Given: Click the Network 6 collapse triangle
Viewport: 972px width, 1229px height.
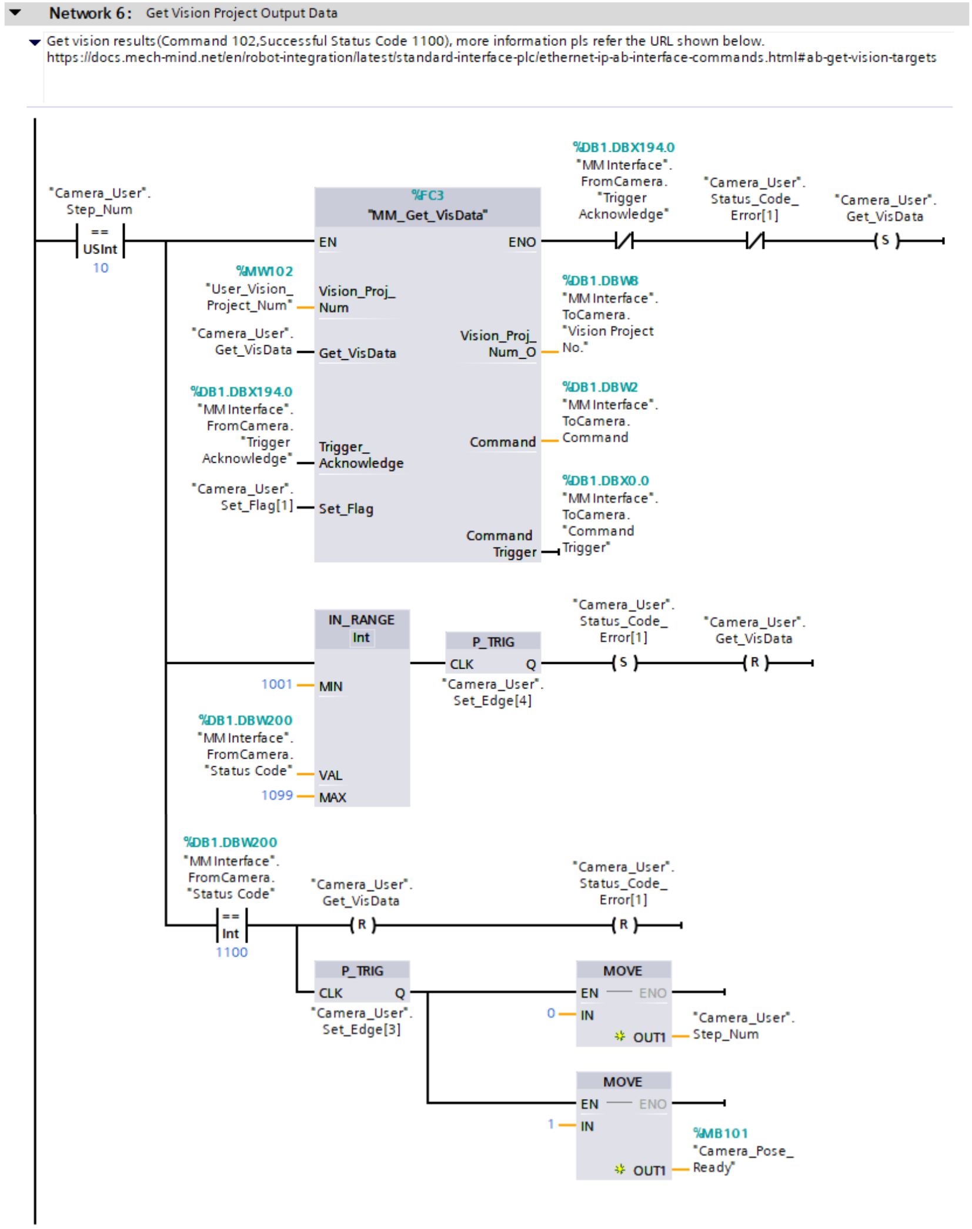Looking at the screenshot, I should pyautogui.click(x=15, y=12).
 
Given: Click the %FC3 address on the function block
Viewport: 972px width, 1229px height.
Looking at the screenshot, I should pyautogui.click(x=427, y=195).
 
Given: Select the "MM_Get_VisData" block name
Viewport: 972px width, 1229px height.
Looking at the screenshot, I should pyautogui.click(x=427, y=215).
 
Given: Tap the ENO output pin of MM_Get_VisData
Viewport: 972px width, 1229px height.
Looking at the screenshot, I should pyautogui.click(x=522, y=242).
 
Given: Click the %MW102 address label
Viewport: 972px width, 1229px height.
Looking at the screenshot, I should pyautogui.click(x=265, y=271).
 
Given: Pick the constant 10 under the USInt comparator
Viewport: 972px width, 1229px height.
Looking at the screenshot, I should pyautogui.click(x=101, y=268).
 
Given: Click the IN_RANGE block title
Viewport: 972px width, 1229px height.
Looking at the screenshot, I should pyautogui.click(x=361, y=620).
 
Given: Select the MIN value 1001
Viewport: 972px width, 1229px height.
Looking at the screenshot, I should pyautogui.click(x=276, y=684).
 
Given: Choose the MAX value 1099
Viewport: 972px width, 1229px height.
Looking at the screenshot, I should pyautogui.click(x=277, y=796).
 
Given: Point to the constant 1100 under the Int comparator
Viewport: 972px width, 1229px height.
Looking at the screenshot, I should pyautogui.click(x=232, y=953).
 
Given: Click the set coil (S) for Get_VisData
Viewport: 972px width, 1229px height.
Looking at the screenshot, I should pyautogui.click(x=886, y=241).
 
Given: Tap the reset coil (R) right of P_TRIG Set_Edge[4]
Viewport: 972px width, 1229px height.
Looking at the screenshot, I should pyautogui.click(x=754, y=663).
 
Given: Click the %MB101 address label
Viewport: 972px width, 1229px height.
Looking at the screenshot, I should pyautogui.click(x=720, y=1134).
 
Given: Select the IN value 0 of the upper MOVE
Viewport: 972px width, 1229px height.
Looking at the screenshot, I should pyautogui.click(x=551, y=1013).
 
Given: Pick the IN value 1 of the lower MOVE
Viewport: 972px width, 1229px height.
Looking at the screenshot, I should pyautogui.click(x=551, y=1124).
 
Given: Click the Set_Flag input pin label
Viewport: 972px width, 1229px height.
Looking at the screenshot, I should pyautogui.click(x=346, y=509).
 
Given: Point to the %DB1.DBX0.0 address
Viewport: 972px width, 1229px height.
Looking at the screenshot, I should pyautogui.click(x=605, y=481).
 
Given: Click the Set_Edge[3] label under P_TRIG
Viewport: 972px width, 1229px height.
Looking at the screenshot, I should pyautogui.click(x=361, y=1030).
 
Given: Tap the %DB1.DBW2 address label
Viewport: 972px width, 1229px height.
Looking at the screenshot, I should pyautogui.click(x=600, y=388).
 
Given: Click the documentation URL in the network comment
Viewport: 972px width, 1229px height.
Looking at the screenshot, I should pyautogui.click(x=491, y=58).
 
